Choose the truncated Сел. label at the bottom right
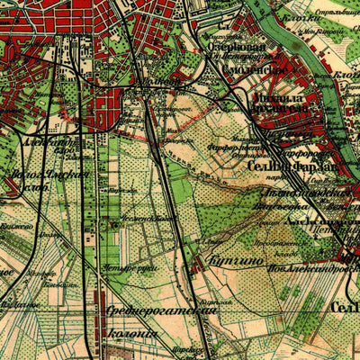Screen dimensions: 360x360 346,308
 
